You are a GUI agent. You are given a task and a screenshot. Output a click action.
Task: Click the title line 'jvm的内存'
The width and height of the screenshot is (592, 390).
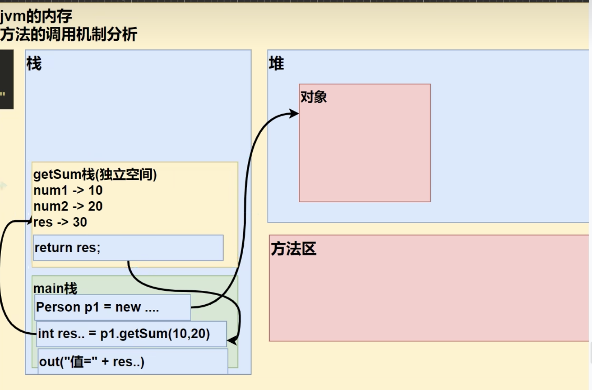coord(36,16)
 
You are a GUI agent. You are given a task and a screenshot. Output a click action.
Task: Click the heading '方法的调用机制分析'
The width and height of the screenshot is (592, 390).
coord(69,34)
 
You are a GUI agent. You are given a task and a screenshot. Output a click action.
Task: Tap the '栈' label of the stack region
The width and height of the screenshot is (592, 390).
coord(34,64)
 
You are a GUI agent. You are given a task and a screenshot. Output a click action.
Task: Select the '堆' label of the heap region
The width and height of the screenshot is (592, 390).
coord(276,64)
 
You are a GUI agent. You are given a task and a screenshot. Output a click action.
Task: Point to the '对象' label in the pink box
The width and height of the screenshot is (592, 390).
coord(313,97)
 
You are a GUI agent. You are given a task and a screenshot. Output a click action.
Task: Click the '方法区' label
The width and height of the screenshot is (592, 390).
coord(294,249)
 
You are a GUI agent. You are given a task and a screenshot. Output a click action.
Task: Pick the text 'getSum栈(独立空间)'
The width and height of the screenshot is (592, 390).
coord(95,175)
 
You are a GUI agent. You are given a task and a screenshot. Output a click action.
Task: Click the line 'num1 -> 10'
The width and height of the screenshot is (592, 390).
coord(68,190)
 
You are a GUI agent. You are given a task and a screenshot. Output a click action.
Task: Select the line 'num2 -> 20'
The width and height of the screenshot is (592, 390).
coord(68,206)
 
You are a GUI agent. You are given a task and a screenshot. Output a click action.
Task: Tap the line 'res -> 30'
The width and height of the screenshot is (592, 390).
coord(60,222)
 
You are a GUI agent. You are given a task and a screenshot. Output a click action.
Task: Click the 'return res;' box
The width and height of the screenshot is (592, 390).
coord(128,248)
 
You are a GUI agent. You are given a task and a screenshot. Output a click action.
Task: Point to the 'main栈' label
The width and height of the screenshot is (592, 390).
coord(55,288)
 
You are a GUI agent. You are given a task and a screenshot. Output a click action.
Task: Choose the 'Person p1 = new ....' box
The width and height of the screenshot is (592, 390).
coord(112,307)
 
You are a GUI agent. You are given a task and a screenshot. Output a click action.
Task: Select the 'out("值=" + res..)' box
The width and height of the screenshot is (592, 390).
coord(133,362)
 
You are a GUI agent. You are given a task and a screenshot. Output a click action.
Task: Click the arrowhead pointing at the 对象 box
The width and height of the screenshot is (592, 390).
coord(294,113)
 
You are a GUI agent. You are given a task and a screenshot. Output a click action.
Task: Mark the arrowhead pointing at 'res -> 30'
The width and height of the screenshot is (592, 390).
coord(30,221)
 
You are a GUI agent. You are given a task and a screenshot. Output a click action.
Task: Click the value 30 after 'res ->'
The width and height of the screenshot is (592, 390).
coord(80,222)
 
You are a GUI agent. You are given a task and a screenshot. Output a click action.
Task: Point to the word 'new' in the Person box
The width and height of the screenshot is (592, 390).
coord(128,307)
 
